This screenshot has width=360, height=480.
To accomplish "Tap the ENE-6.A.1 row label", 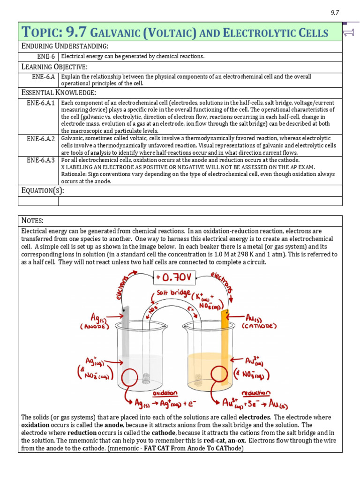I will pyautogui.click(x=41, y=103).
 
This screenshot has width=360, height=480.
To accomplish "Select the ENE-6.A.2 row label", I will pyautogui.click(x=41, y=139).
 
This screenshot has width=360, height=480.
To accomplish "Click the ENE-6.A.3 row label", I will pyautogui.click(x=41, y=160).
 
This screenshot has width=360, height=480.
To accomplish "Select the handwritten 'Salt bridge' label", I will pyautogui.click(x=173, y=293).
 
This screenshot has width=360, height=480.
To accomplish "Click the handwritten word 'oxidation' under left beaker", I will pyautogui.click(x=165, y=393).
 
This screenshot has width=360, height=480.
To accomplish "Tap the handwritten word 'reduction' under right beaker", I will pyautogui.click(x=256, y=393).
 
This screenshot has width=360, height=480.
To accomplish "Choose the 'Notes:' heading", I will pyautogui.click(x=32, y=220).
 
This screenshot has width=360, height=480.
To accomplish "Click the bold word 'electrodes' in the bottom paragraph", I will pyautogui.click(x=255, y=417).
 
